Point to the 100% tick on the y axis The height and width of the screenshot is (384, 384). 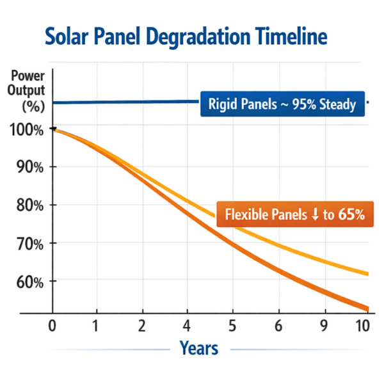click(x=28, y=130)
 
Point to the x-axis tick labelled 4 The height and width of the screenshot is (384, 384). click(x=187, y=326)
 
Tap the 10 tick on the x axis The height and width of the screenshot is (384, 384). click(x=362, y=326)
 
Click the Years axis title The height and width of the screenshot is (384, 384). click(x=198, y=349)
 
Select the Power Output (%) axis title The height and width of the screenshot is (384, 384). click(x=27, y=90)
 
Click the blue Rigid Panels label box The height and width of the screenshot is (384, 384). click(x=282, y=104)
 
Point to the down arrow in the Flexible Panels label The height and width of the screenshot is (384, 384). click(x=314, y=215)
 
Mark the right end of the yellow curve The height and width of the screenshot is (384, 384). click(x=367, y=274)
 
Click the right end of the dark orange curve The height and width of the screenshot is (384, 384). click(x=367, y=308)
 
